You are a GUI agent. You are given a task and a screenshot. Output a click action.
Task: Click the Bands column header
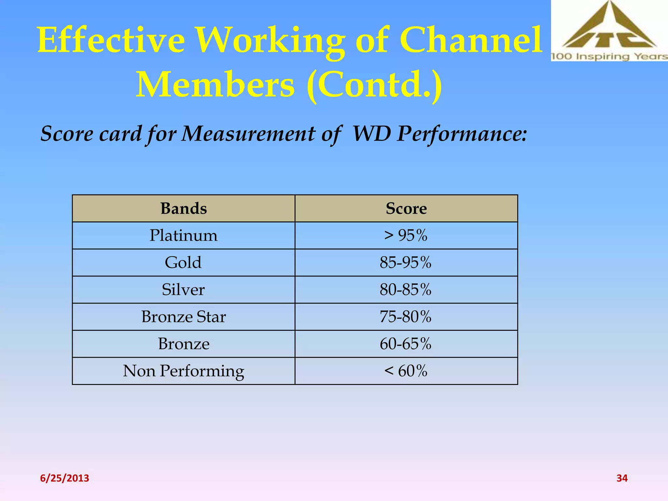pos(184,208)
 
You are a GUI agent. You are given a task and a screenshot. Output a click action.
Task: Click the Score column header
pos(406,208)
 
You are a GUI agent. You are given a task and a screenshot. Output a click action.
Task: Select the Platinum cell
pos(184,235)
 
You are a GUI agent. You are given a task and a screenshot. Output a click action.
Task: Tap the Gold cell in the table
pos(183,263)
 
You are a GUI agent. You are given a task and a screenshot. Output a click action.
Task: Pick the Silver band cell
pos(183,290)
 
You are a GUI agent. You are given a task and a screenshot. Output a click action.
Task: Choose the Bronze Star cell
pos(184,317)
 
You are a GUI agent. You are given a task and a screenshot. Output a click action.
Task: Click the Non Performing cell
pos(184,371)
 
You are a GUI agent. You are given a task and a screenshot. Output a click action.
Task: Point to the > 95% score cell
pos(406,235)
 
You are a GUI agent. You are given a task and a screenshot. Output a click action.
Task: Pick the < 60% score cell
pos(406,371)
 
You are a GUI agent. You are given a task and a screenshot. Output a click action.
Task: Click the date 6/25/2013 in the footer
pos(65,478)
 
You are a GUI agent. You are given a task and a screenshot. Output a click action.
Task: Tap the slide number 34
pos(622,478)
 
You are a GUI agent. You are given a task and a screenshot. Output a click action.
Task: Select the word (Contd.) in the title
pos(374,85)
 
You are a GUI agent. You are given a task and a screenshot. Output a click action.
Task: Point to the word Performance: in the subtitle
pos(462,134)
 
